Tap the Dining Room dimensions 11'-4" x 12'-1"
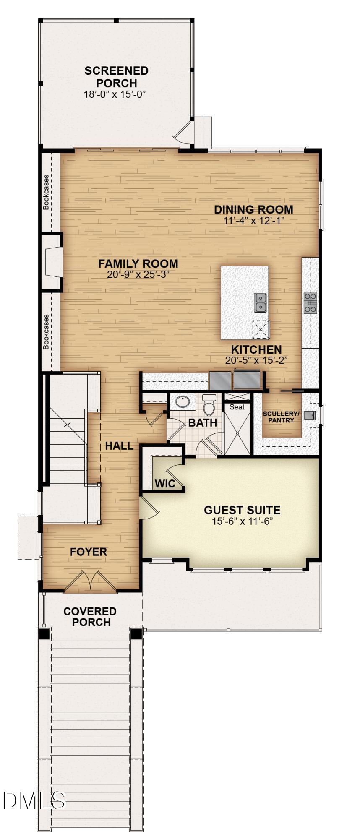click(x=254, y=221)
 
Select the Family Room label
click(x=138, y=264)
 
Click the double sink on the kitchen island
click(x=261, y=302)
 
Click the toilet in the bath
click(x=209, y=405)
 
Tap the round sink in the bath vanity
click(x=183, y=401)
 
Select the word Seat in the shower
click(x=237, y=407)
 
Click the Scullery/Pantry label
click(x=281, y=417)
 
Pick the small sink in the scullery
click(x=310, y=415)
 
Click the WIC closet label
click(x=165, y=484)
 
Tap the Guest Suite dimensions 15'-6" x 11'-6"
click(x=242, y=521)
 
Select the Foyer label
click(x=89, y=552)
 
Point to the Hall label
click(x=119, y=446)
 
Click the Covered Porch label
click(x=90, y=617)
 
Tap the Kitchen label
click(x=256, y=349)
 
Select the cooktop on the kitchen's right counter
click(x=310, y=302)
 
